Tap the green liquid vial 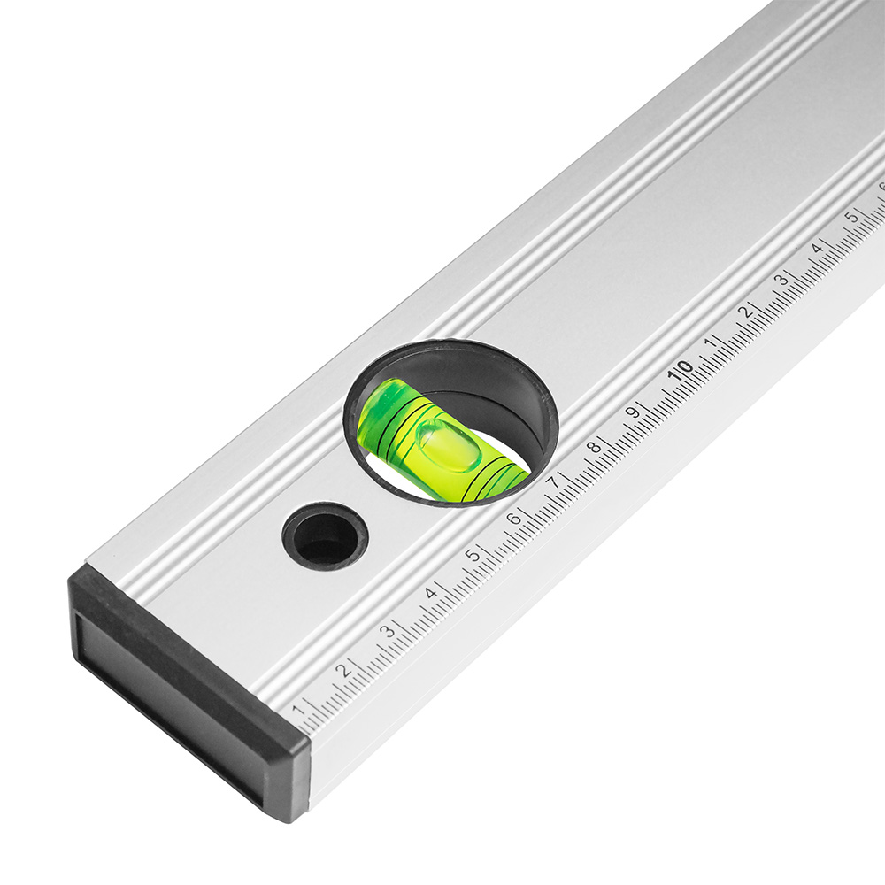click(443, 439)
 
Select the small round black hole click(325, 535)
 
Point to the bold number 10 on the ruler click(680, 370)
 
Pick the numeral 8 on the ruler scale click(594, 446)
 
